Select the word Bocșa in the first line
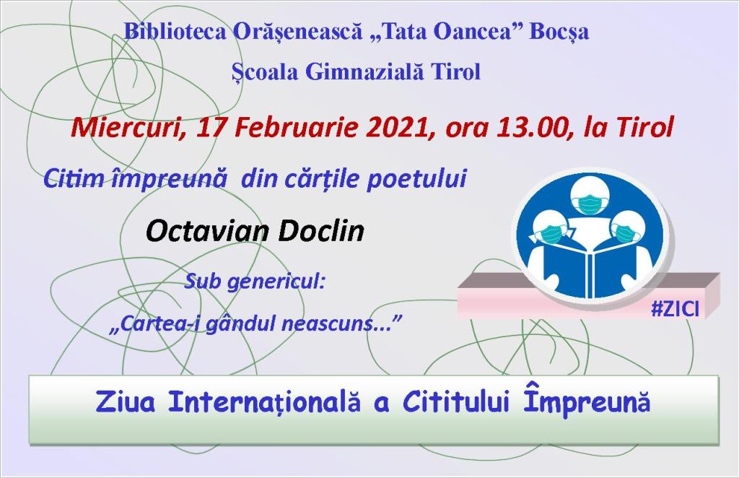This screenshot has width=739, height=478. [x=559, y=32]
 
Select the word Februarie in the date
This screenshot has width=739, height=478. [x=294, y=127]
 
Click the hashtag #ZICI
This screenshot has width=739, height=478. [x=675, y=309]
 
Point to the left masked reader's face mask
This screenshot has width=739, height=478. [x=549, y=235]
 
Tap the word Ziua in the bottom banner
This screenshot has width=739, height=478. [x=126, y=402]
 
